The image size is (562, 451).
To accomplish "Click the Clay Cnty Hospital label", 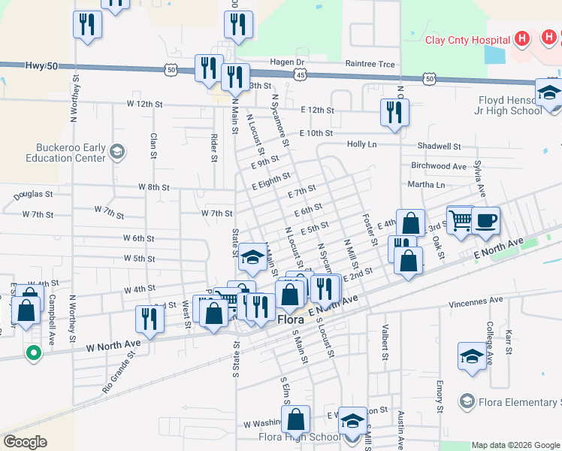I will point(468,41).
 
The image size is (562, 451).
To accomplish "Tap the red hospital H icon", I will point(523,39).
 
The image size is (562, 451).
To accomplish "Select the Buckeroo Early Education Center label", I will point(70,153).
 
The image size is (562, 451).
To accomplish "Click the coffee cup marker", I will point(485,219).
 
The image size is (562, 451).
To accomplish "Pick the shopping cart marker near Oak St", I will point(460,219).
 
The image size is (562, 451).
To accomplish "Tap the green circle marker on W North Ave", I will point(33,352).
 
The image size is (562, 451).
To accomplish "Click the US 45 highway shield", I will point(301,75).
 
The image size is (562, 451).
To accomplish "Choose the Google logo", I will point(25,442).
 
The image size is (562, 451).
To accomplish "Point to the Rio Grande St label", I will point(117,377).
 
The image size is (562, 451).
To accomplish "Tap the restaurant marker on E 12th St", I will point(394,111).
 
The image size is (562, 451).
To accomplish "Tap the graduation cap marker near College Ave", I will point(472,356).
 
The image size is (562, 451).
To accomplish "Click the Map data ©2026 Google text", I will point(516,445).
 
